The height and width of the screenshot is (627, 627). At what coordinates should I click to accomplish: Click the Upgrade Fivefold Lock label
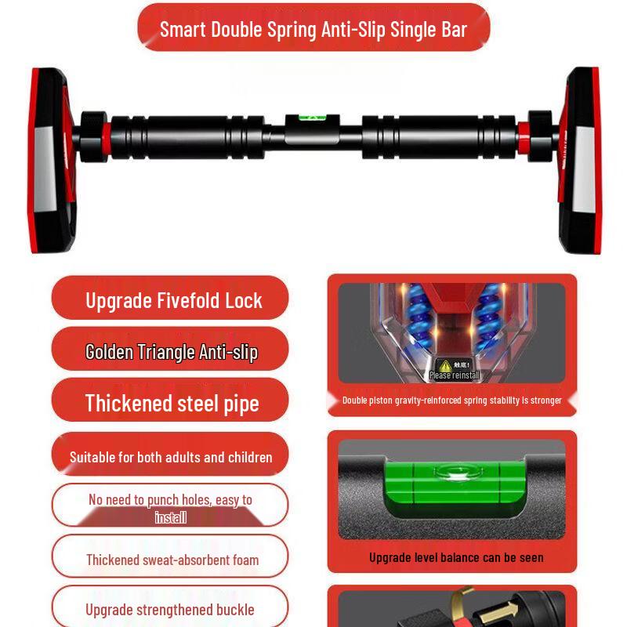(173, 300)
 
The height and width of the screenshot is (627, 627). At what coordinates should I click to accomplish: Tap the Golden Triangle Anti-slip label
(171, 352)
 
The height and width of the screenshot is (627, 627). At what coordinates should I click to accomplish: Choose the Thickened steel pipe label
(171, 403)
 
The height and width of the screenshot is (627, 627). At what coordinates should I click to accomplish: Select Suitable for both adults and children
(171, 457)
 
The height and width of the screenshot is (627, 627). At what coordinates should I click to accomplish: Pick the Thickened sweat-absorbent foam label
(172, 560)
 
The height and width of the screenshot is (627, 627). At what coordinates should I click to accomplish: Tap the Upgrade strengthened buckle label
(170, 609)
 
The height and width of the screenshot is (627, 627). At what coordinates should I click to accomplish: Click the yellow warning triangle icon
(445, 364)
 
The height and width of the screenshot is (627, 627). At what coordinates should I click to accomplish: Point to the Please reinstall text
(455, 375)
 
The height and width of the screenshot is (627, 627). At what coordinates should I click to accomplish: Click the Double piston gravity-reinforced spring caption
(452, 400)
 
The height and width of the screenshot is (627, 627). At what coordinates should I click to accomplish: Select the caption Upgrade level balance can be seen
(456, 558)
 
